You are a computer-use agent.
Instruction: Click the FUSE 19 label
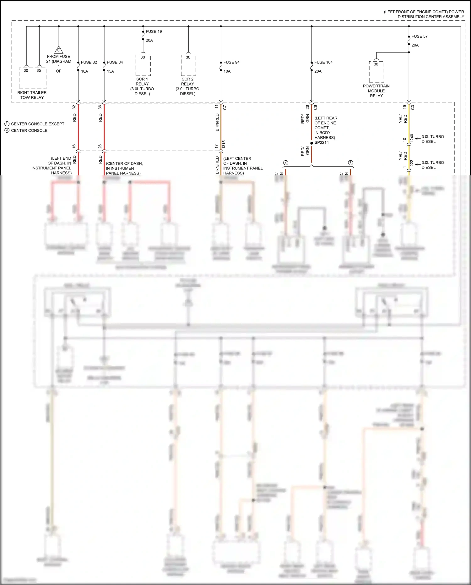tap(154, 31)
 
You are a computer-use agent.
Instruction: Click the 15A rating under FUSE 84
tap(110, 71)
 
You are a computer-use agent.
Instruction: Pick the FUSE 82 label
tap(89, 62)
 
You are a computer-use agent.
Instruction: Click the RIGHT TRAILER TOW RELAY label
tap(32, 95)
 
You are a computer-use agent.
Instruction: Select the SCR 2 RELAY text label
tap(187, 86)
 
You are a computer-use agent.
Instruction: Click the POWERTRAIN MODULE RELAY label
tap(376, 91)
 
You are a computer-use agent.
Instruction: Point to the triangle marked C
tap(59, 50)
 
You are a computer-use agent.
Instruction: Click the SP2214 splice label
tap(322, 142)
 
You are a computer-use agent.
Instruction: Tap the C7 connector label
tap(225, 108)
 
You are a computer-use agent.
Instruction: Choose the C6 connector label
tap(316, 107)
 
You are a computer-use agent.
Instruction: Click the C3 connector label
tap(413, 107)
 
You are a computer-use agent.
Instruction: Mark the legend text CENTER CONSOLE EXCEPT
tap(37, 124)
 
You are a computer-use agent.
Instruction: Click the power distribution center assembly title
tap(424, 14)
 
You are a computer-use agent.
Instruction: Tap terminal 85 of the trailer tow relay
tap(39, 70)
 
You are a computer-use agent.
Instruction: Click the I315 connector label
tap(224, 144)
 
